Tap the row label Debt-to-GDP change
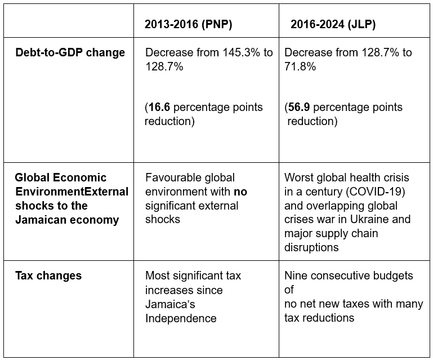click(x=70, y=53)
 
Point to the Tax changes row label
click(x=48, y=275)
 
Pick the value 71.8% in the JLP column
click(x=300, y=66)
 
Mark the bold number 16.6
click(x=160, y=107)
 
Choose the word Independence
click(x=181, y=318)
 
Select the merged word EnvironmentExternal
click(x=72, y=192)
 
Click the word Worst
click(x=299, y=178)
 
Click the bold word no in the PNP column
click(x=240, y=192)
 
